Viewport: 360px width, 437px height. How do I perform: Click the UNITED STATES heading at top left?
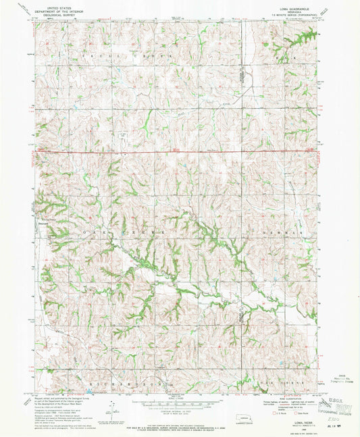(57, 5)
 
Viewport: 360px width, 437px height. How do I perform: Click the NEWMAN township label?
(280, 231)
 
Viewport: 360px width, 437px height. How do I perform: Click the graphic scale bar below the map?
(178, 405)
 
